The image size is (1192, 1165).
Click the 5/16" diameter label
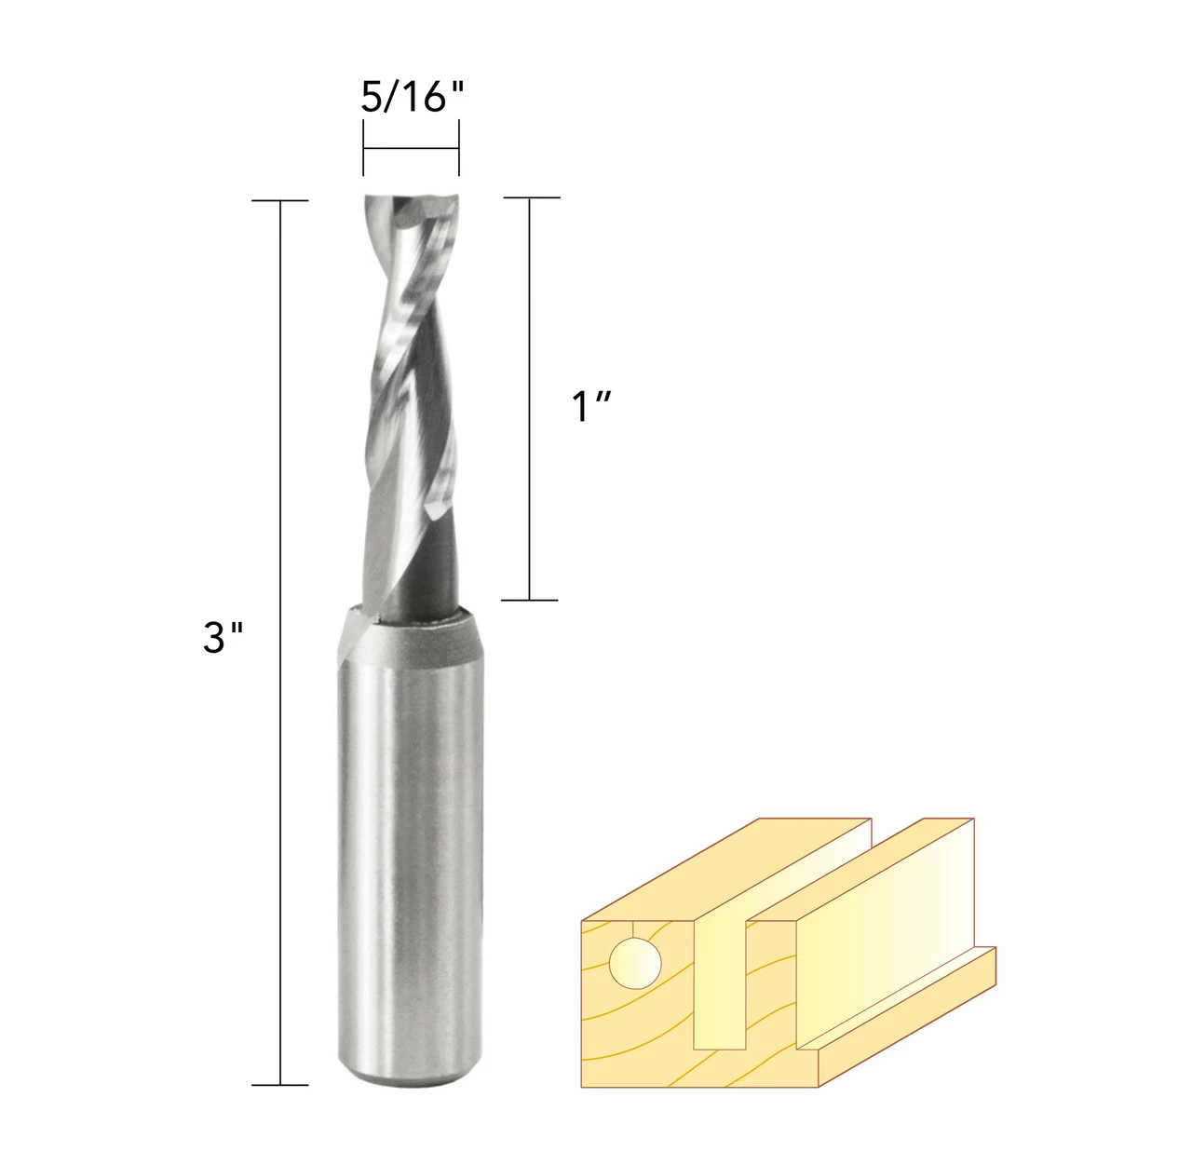[412, 96]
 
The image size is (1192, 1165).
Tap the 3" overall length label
[223, 638]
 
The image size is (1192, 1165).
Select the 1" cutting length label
[590, 407]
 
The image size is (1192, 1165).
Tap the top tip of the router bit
[411, 198]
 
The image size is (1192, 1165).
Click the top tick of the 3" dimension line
[280, 200]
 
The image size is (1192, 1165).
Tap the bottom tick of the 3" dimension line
[280, 1085]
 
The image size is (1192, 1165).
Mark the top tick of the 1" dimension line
[531, 197]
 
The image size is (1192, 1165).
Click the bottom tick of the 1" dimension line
[530, 600]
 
